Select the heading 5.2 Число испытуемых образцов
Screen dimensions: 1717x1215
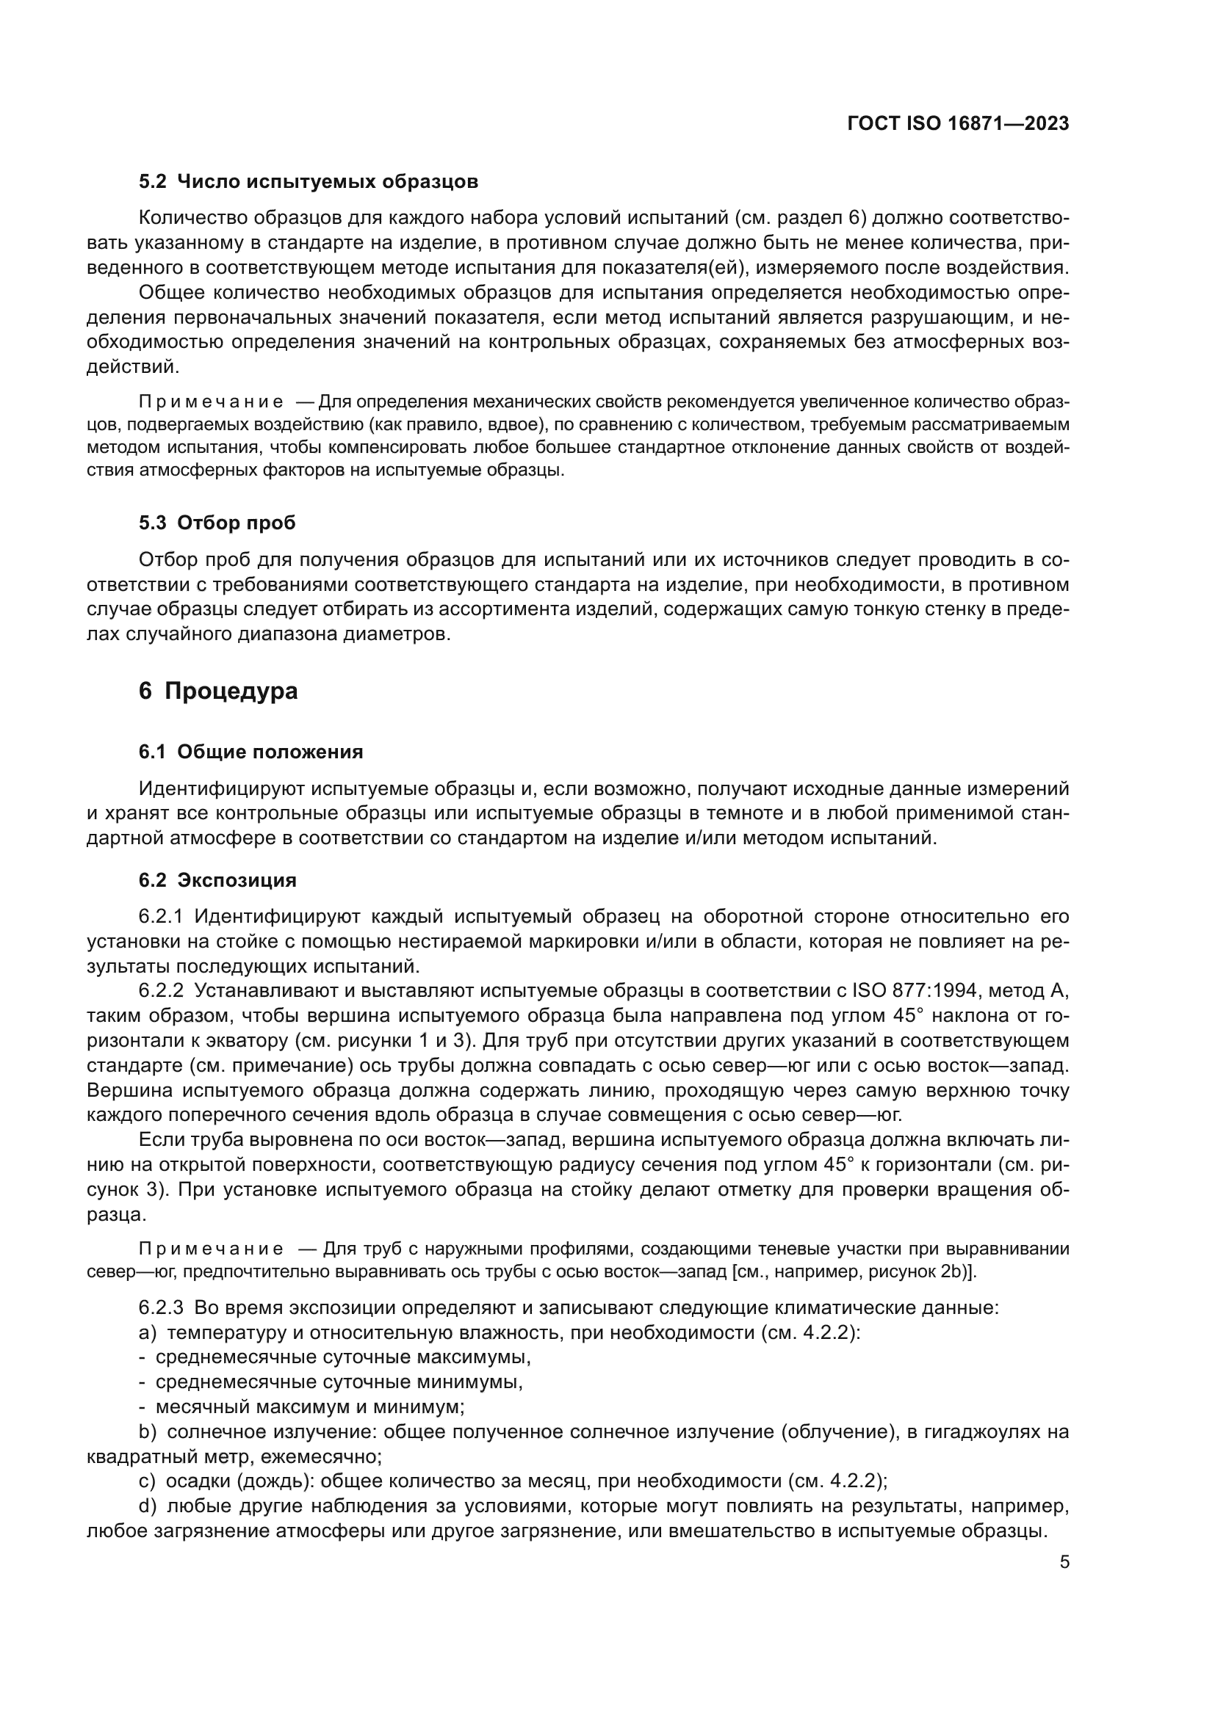pos(309,182)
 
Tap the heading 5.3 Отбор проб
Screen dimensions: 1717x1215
pos(217,523)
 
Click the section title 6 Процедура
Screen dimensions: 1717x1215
pos(217,691)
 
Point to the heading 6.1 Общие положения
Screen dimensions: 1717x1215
pos(250,752)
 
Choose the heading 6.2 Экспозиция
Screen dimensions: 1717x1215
pos(217,880)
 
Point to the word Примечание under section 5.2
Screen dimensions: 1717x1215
pos(212,402)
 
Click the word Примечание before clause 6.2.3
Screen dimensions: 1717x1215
pos(212,1249)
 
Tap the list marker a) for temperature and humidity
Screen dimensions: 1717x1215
pos(148,1333)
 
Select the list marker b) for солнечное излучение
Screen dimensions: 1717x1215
pos(148,1432)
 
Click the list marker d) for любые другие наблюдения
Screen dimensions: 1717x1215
pos(148,1506)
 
